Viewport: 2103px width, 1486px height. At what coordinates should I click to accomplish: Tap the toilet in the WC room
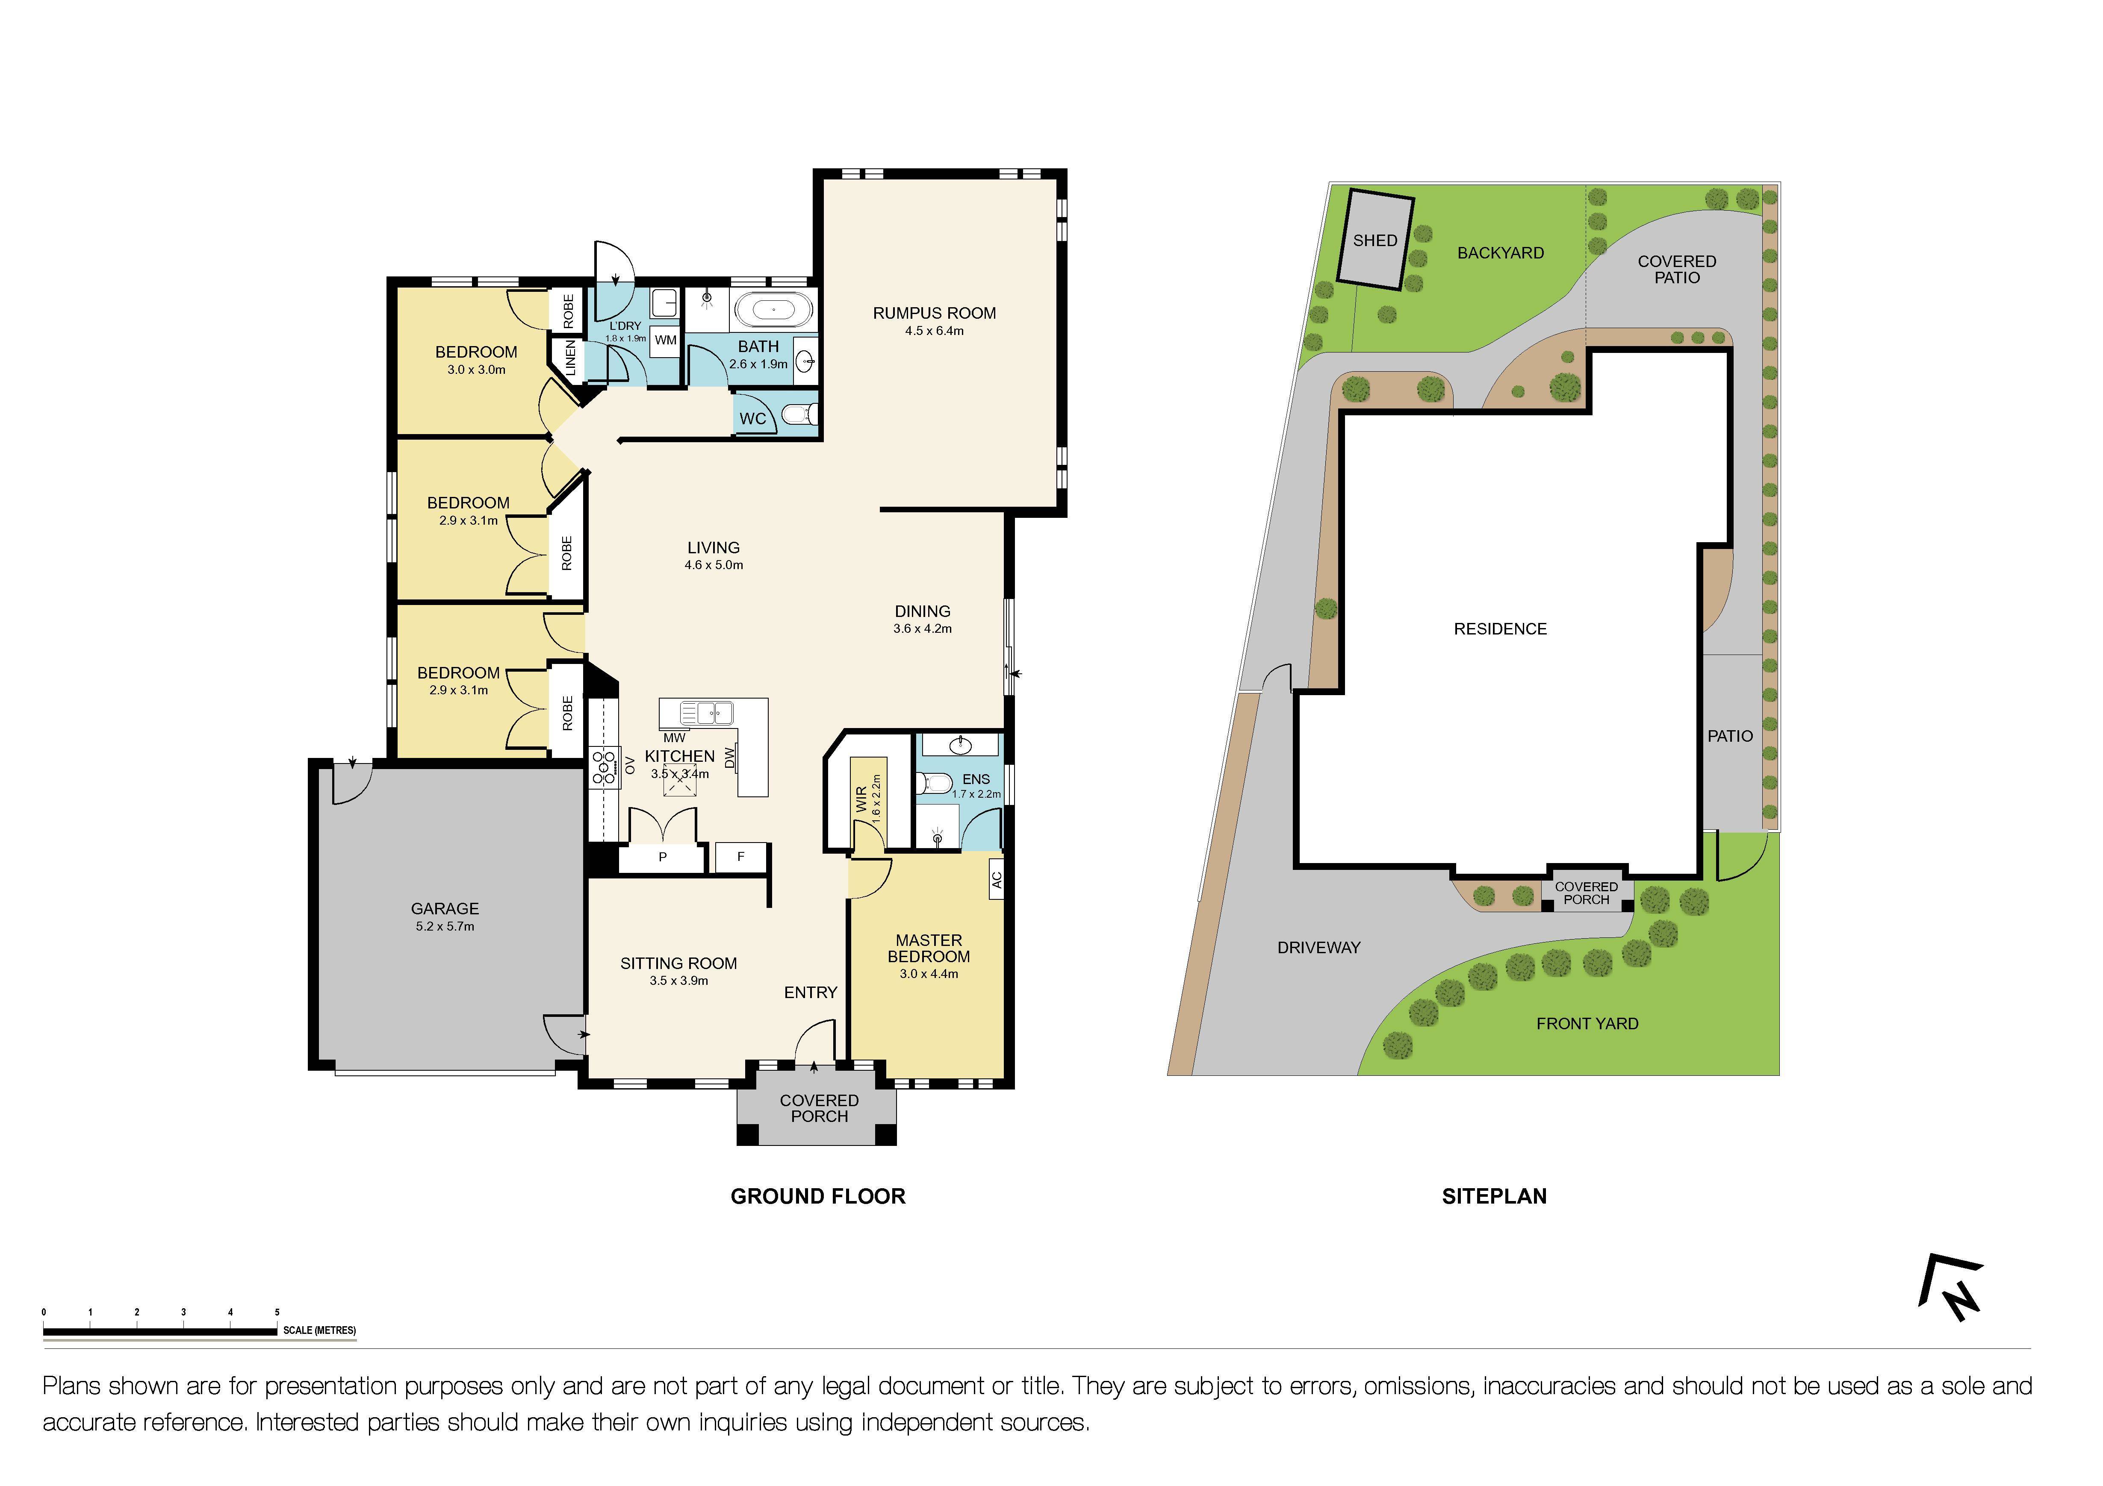802,415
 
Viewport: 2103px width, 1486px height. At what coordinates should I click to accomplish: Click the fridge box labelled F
741,857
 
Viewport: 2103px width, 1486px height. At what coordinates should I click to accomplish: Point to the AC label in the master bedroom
997,880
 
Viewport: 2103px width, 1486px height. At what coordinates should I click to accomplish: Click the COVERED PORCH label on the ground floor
819,1108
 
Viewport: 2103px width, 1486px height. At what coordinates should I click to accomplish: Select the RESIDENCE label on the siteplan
1499,629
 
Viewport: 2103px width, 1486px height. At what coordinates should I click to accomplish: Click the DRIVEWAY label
1318,948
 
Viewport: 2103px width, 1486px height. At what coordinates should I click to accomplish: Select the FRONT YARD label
1587,1024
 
